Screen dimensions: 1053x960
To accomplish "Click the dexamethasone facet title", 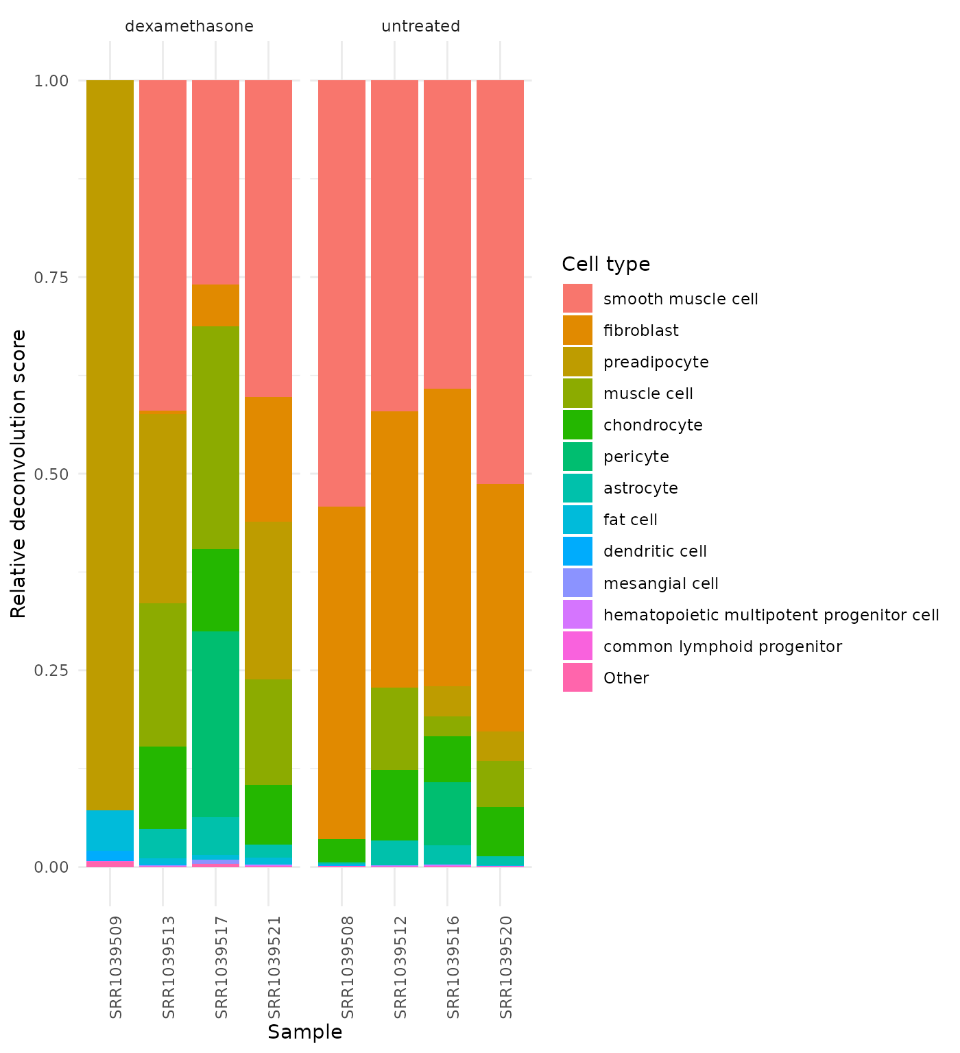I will pos(189,27).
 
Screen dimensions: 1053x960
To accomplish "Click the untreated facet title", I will pos(420,27).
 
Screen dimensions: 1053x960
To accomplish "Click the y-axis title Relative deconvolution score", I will pos(19,473).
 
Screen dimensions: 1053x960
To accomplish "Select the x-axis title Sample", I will pos(304,1032).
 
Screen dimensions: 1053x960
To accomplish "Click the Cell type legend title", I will pos(605,264).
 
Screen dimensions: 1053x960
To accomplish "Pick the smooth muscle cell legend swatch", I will pos(577,299).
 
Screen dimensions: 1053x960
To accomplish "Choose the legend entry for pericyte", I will pos(636,457).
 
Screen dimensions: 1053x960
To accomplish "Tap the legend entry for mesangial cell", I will pos(660,583).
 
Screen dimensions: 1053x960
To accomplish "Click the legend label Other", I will pos(625,678).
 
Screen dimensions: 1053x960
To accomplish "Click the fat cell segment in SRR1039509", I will pos(110,830).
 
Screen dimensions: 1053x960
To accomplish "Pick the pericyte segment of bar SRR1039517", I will pos(215,723).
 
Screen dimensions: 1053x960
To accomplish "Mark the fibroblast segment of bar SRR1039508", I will pos(341,672).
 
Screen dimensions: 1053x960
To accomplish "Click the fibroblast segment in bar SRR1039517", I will pos(215,305).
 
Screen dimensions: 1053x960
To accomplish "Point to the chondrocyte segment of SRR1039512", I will pos(394,805).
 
